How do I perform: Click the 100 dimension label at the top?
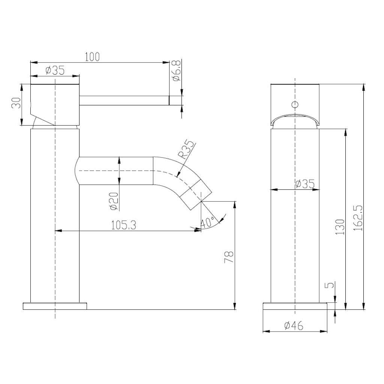pyautogui.click(x=92, y=57)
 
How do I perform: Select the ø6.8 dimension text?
pyautogui.click(x=177, y=71)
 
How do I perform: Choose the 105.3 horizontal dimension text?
pyautogui.click(x=123, y=225)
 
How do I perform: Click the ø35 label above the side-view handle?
pyautogui.click(x=55, y=70)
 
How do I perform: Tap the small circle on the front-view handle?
pyautogui.click(x=295, y=105)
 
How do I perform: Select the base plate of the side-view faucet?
pyautogui.click(x=55, y=306)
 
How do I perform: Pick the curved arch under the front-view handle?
pyautogui.click(x=295, y=117)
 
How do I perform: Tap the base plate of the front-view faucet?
pyautogui.click(x=295, y=306)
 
